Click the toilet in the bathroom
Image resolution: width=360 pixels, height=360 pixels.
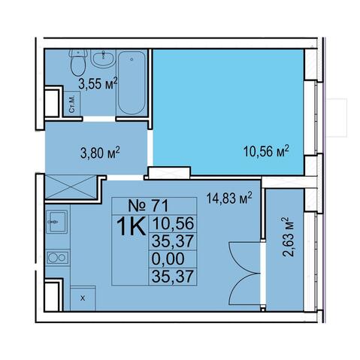click(x=78, y=62)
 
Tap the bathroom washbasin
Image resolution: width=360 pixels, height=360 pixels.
click(x=103, y=58)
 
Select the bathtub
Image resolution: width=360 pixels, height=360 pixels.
click(x=132, y=83)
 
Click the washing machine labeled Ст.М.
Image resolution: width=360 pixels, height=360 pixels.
click(x=72, y=104)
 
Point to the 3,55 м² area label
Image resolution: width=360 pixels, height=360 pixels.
click(x=98, y=83)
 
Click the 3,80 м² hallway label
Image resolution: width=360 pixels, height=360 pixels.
click(x=100, y=153)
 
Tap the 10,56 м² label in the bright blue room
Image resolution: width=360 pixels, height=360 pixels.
click(x=266, y=151)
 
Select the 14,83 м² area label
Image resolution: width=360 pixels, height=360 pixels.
click(x=229, y=198)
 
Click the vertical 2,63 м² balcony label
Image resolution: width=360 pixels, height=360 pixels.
click(x=288, y=237)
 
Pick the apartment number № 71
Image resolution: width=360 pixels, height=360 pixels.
click(x=148, y=206)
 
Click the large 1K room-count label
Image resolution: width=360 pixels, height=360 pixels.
click(x=131, y=226)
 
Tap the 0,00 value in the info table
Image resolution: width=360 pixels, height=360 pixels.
click(x=168, y=259)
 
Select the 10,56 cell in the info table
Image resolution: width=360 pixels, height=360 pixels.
click(x=173, y=223)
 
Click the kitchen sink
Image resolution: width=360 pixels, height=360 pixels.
click(x=57, y=222)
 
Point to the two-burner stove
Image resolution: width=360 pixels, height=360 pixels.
click(x=57, y=257)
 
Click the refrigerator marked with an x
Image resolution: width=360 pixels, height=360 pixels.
click(x=83, y=298)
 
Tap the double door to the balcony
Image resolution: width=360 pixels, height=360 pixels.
click(x=245, y=274)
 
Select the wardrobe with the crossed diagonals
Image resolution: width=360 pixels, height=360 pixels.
click(x=71, y=187)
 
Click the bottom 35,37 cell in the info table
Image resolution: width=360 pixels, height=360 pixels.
click(x=173, y=277)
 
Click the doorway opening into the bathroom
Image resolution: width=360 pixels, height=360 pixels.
click(x=99, y=119)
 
